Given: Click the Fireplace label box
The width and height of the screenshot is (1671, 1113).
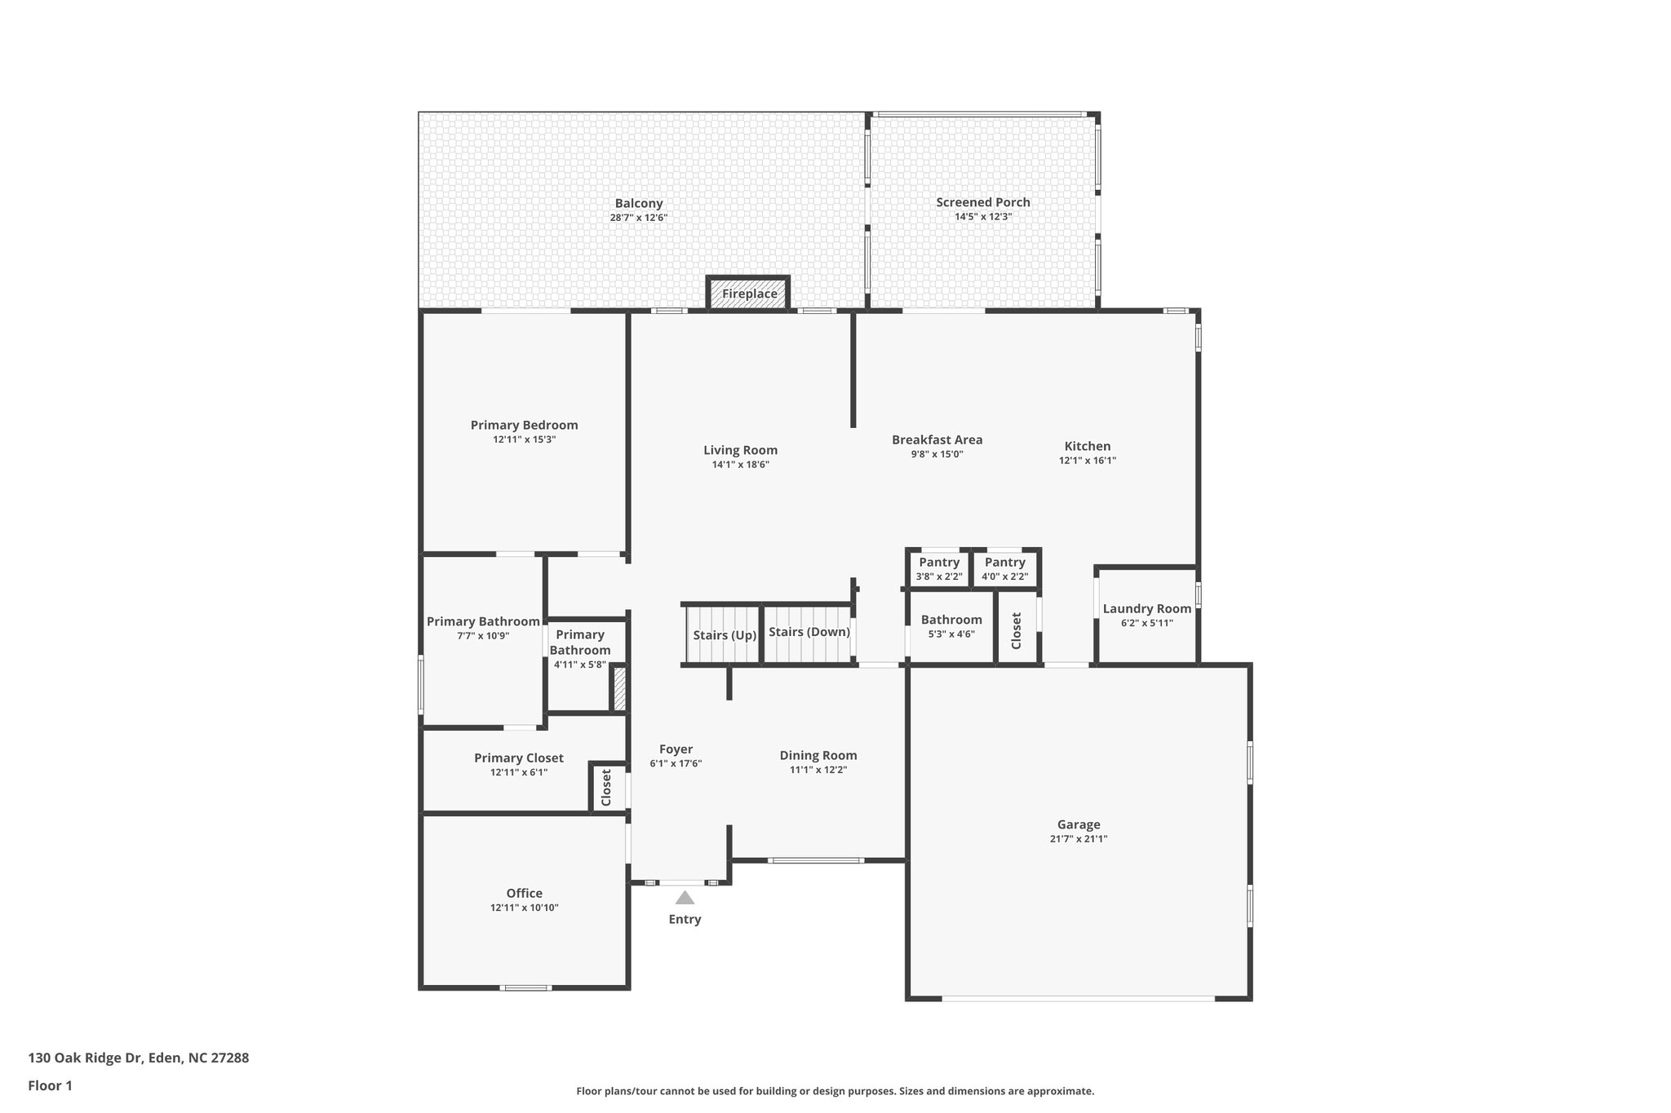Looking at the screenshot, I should pos(749,294).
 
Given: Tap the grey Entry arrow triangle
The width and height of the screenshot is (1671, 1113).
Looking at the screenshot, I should pos(685,898).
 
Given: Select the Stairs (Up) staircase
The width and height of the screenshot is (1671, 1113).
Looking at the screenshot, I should pos(724,635).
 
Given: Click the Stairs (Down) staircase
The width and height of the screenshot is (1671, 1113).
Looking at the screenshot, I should pos(809,633).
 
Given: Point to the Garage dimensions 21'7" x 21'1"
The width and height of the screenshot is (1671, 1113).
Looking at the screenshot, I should pos(1079,839).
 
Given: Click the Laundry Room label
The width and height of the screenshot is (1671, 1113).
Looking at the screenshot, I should pos(1146,609).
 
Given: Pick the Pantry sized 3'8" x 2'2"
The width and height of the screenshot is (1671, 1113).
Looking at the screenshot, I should pos(939,568).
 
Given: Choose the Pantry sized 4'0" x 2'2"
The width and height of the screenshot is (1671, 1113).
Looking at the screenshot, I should pos(1004,568).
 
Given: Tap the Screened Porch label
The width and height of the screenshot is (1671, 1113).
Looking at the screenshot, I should pos(982,202).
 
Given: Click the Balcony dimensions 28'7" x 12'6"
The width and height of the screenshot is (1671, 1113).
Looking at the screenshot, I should pos(639,218).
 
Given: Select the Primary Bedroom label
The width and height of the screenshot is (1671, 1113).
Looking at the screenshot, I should pos(524,425).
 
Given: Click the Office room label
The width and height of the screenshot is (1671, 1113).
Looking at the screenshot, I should pos(524,893).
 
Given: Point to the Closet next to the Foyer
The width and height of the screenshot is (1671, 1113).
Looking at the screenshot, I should pos(606,788).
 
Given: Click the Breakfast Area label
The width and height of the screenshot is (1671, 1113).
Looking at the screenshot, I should pos(937,439).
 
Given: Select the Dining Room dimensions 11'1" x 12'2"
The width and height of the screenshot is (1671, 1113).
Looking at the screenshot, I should pos(818,770).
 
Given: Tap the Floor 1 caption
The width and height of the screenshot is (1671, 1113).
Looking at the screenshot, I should pos(50,1085).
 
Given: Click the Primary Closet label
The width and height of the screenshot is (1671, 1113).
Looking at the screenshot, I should pos(518,758).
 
